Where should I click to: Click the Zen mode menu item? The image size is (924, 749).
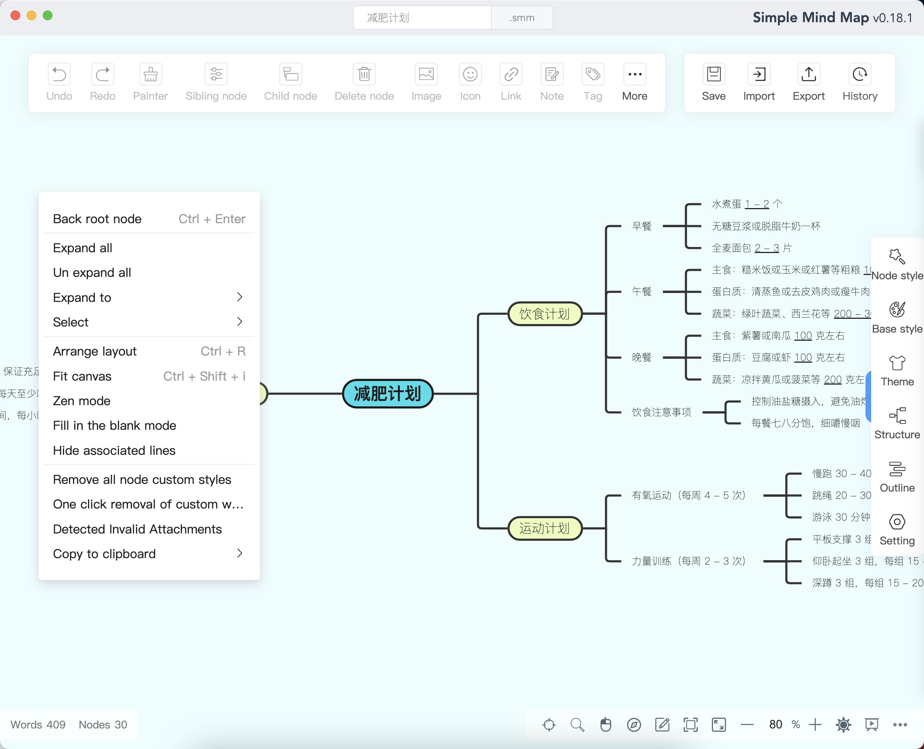[82, 401]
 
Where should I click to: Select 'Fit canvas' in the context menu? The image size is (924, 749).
[82, 376]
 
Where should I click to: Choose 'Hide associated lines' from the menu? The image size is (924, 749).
[114, 450]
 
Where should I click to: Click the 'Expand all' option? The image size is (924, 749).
[82, 248]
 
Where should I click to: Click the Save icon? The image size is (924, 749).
[713, 75]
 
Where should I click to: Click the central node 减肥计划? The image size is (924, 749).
[387, 393]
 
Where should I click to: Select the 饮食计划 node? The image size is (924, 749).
[544, 314]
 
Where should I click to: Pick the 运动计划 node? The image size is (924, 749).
[544, 528]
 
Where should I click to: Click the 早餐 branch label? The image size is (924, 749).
[642, 226]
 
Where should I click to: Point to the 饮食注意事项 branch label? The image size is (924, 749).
[661, 412]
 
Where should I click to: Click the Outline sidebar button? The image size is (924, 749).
[897, 477]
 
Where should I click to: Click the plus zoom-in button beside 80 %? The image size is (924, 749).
[815, 724]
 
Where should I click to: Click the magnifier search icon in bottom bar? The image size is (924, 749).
[577, 724]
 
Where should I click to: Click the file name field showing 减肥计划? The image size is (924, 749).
[422, 18]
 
